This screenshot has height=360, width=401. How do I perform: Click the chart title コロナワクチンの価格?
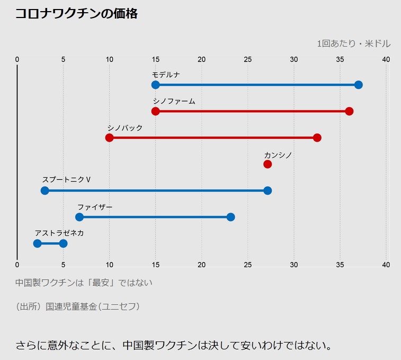(77, 14)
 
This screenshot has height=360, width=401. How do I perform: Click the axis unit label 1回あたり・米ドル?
(353, 43)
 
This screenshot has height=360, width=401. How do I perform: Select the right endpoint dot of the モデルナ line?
(359, 85)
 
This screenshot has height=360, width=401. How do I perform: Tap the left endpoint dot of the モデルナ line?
(155, 85)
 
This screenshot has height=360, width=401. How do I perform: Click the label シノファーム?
(174, 101)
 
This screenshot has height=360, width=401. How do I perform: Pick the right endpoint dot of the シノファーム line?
(349, 111)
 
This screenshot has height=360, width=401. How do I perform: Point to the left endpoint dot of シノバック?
(109, 138)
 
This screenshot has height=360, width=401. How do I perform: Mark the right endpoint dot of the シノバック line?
(317, 138)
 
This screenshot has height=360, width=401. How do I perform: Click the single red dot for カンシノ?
(268, 164)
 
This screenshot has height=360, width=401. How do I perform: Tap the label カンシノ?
(278, 155)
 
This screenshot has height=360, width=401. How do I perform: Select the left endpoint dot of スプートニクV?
(44, 191)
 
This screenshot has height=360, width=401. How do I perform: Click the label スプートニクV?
(67, 180)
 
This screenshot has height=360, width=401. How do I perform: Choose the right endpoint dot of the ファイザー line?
(230, 217)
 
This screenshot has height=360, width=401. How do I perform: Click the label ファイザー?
(95, 207)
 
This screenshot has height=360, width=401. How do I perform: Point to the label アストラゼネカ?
(59, 233)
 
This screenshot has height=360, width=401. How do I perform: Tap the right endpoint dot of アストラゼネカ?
(63, 243)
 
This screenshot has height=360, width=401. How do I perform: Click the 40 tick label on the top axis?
(386, 59)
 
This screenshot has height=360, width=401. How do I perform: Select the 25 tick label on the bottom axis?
(247, 265)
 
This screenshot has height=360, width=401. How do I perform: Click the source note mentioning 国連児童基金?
(78, 306)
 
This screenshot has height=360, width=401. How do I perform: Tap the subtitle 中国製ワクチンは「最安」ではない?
(84, 283)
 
